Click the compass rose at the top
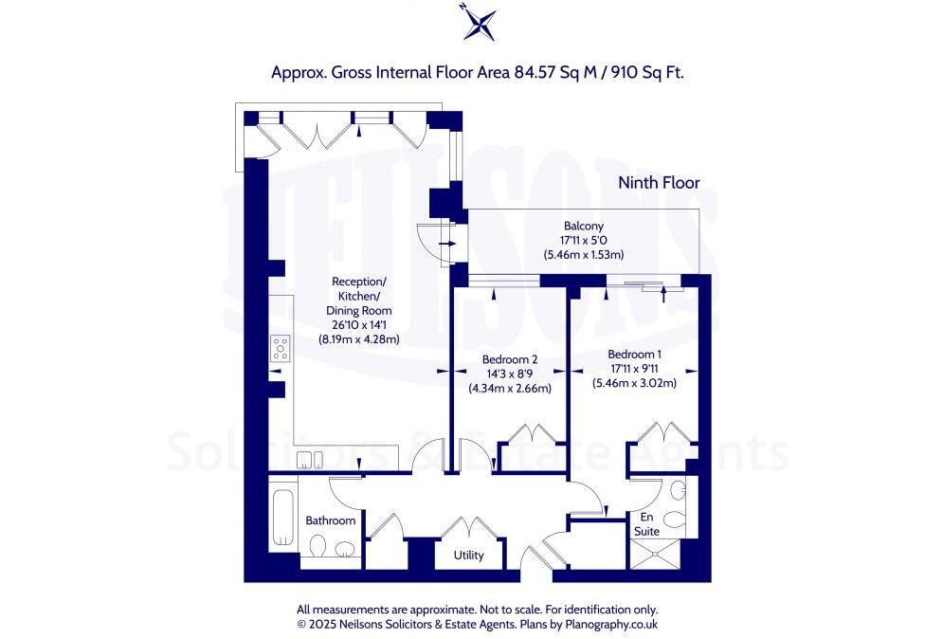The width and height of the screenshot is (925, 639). pyautogui.click(x=480, y=24)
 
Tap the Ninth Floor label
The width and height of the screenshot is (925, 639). pyautogui.click(x=659, y=182)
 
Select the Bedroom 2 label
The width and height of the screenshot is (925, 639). pyautogui.click(x=510, y=359)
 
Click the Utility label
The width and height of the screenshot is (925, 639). pyautogui.click(x=468, y=556)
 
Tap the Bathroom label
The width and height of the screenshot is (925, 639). pyautogui.click(x=330, y=520)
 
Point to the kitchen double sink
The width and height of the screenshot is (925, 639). pyautogui.click(x=309, y=461)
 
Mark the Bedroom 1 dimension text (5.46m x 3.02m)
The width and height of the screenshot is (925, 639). pyautogui.click(x=635, y=384)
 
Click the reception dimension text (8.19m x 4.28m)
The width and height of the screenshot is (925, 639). pyautogui.click(x=358, y=339)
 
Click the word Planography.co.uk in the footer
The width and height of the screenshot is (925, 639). pyautogui.click(x=610, y=624)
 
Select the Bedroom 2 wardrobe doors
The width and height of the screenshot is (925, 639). pyautogui.click(x=533, y=436)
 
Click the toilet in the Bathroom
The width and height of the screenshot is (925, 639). pyautogui.click(x=319, y=548)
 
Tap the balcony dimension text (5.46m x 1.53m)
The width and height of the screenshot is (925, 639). pyautogui.click(x=582, y=255)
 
